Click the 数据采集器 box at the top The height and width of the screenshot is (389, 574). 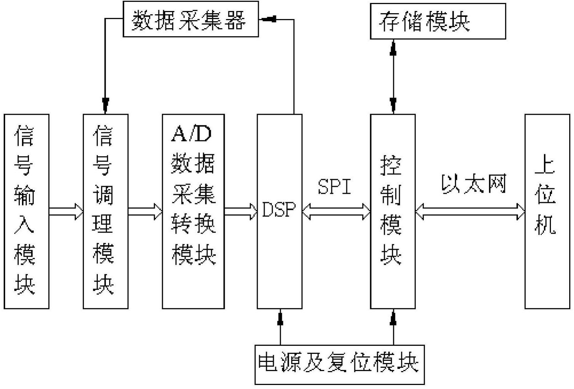[x=190, y=19]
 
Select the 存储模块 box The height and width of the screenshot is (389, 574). [x=438, y=21]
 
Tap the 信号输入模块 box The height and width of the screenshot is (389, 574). [x=26, y=211]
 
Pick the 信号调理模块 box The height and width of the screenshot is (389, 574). [x=105, y=211]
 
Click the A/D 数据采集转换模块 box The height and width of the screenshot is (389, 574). [x=193, y=211]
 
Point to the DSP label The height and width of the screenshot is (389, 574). [x=279, y=210]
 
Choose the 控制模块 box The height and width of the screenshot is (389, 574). [x=393, y=211]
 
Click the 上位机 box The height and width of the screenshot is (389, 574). [x=547, y=211]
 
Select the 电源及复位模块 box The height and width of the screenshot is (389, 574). [x=339, y=364]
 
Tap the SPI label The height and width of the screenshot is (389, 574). [x=334, y=186]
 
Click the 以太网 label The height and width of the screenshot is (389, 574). [x=474, y=184]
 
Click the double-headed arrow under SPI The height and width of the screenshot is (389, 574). [x=336, y=212]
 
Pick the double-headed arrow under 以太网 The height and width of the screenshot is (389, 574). [x=470, y=212]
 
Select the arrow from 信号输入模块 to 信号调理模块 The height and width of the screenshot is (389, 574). [x=66, y=212]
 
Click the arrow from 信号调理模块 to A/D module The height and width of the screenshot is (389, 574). [x=145, y=212]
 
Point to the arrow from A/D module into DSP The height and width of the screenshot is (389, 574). [x=241, y=212]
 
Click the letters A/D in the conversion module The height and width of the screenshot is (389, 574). [x=191, y=134]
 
